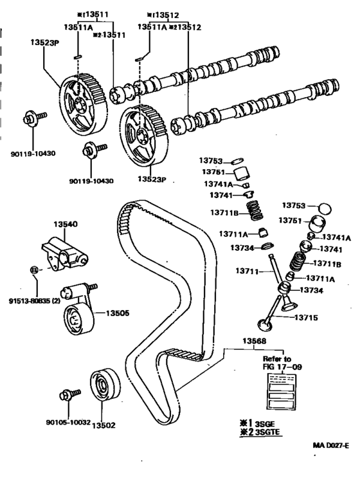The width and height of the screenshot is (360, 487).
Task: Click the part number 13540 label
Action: [66, 225]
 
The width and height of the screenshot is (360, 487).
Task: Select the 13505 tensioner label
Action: [118, 313]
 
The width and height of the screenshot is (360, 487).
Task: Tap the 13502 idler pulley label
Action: [104, 425]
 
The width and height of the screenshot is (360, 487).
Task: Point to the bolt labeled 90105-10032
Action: [69, 395]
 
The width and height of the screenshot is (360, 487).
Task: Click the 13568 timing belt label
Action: [254, 341]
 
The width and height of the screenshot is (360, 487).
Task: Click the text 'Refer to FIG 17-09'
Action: [282, 363]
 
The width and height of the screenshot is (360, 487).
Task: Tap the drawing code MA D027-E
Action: [330, 445]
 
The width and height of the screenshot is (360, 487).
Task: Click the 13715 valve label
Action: [306, 317]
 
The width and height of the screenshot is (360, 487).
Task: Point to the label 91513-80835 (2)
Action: [35, 300]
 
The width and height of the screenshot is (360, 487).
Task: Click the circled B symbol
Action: [34, 270]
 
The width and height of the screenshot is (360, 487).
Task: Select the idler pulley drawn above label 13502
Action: [105, 385]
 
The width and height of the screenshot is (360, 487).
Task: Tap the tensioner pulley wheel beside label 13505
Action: [78, 320]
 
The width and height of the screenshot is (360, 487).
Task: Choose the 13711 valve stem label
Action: [247, 271]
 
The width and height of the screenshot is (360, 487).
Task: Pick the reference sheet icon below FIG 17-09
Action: [282, 391]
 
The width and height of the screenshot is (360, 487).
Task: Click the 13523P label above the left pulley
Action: [45, 42]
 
